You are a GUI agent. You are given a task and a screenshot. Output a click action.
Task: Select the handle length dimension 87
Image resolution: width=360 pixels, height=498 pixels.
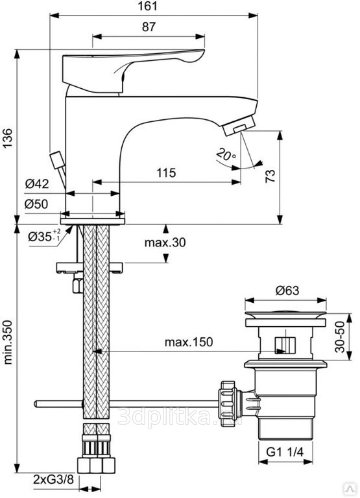coord(149,27)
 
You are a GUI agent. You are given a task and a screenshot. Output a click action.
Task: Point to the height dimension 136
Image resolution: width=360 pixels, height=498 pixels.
coord(7,138)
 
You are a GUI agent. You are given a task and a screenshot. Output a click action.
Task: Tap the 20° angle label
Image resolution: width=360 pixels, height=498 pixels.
coord(226,154)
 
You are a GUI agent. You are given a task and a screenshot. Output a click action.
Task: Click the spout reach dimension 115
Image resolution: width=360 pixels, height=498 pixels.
coord(166,172)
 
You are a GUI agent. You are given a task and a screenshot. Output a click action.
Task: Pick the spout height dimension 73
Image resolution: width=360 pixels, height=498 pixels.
coord(270,176)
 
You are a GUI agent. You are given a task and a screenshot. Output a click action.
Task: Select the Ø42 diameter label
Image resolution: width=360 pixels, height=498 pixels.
coord(37,184)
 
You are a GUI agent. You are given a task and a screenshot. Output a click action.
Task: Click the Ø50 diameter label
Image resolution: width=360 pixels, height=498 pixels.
coord(36,204)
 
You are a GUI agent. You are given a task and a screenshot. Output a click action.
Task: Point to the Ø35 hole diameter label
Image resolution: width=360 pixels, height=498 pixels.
coord(44,235)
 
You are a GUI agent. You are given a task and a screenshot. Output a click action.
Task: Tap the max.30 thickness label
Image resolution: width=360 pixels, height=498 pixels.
coord(165,243)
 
